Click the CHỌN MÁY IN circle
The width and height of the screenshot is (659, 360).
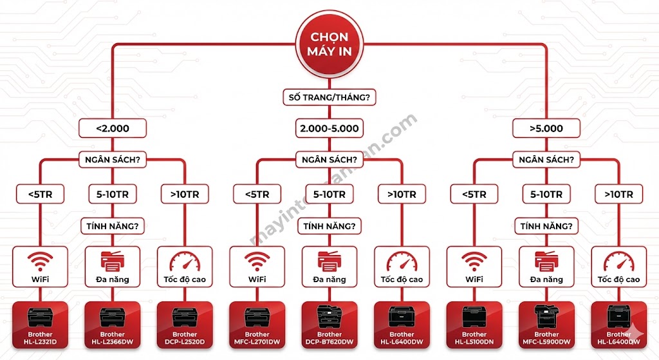pos(329,43)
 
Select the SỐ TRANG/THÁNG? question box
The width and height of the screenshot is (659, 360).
pos(329,98)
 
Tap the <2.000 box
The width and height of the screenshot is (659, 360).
pos(112,128)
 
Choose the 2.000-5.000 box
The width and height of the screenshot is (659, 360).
pos(329,128)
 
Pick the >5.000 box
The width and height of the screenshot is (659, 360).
pos(546,128)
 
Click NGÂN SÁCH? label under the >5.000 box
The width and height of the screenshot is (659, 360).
pos(546,159)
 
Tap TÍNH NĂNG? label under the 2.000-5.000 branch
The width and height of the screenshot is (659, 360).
pos(329,226)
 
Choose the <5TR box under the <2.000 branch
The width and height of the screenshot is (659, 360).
pos(40,194)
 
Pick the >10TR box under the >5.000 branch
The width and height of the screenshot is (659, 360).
pos(618,194)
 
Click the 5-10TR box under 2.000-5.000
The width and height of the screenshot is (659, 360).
pos(329,194)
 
